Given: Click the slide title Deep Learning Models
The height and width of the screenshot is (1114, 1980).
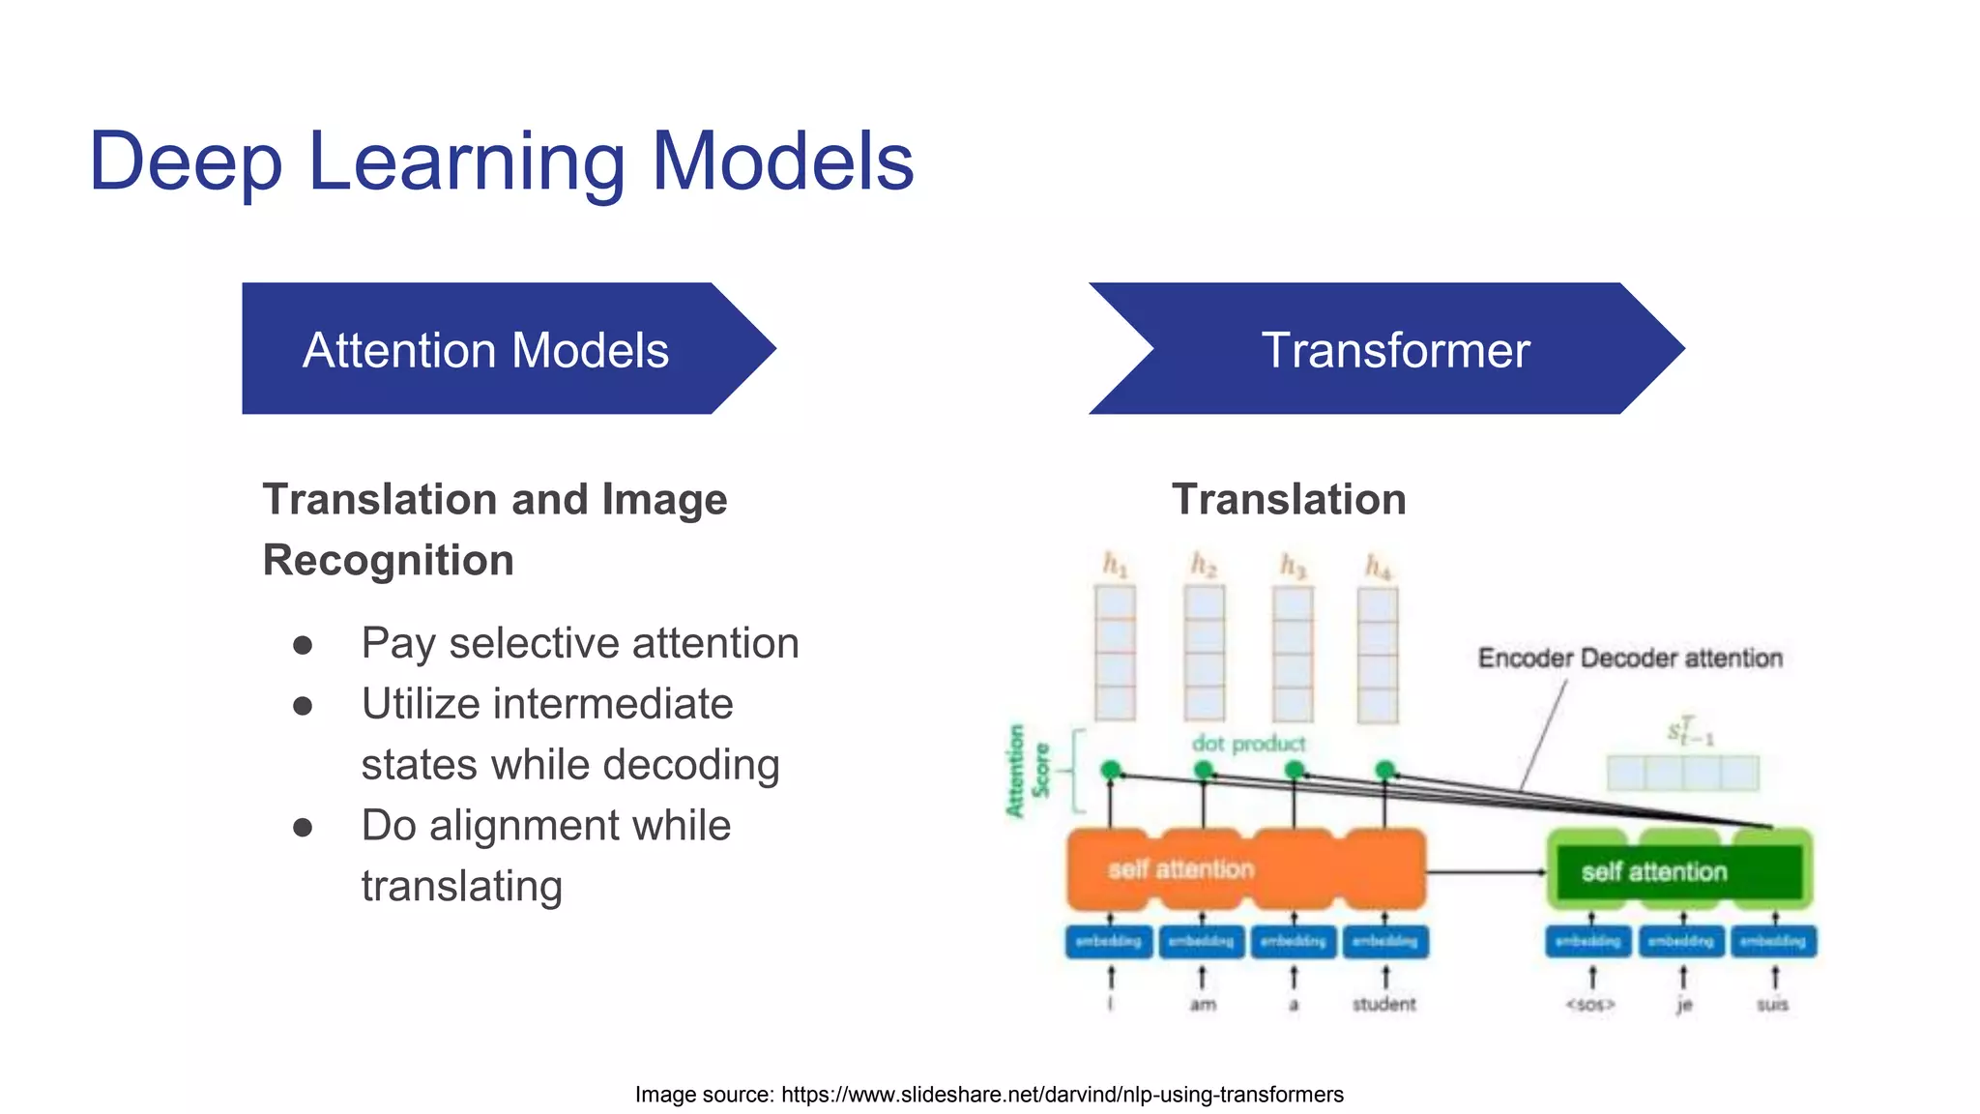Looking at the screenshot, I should pyautogui.click(x=501, y=161).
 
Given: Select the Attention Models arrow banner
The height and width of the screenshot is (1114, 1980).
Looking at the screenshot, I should pyautogui.click(x=486, y=349).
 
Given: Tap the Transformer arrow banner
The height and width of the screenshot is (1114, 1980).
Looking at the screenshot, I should pyautogui.click(x=1394, y=349).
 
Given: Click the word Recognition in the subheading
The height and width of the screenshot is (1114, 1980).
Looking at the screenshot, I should pyautogui.click(x=388, y=561).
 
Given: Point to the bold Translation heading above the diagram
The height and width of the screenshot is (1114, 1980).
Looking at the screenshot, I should pyautogui.click(x=1288, y=500).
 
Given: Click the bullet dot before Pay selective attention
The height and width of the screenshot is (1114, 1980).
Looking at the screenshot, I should pyautogui.click(x=303, y=645).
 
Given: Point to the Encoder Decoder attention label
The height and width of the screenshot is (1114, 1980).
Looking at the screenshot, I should pyautogui.click(x=1629, y=659).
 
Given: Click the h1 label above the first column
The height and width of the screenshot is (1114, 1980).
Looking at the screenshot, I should pyautogui.click(x=1115, y=565).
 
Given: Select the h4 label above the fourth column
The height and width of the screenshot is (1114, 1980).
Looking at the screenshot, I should pyautogui.click(x=1378, y=567).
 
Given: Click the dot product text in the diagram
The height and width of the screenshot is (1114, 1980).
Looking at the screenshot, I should pyautogui.click(x=1247, y=744).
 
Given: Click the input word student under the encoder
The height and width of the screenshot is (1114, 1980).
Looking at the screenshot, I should pyautogui.click(x=1383, y=1005).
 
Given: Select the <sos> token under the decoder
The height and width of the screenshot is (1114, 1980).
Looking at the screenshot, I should pyautogui.click(x=1590, y=1005).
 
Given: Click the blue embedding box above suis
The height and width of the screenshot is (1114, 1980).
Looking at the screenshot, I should pyautogui.click(x=1773, y=941).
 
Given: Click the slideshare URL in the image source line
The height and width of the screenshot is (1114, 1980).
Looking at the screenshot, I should pyautogui.click(x=1062, y=1095).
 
